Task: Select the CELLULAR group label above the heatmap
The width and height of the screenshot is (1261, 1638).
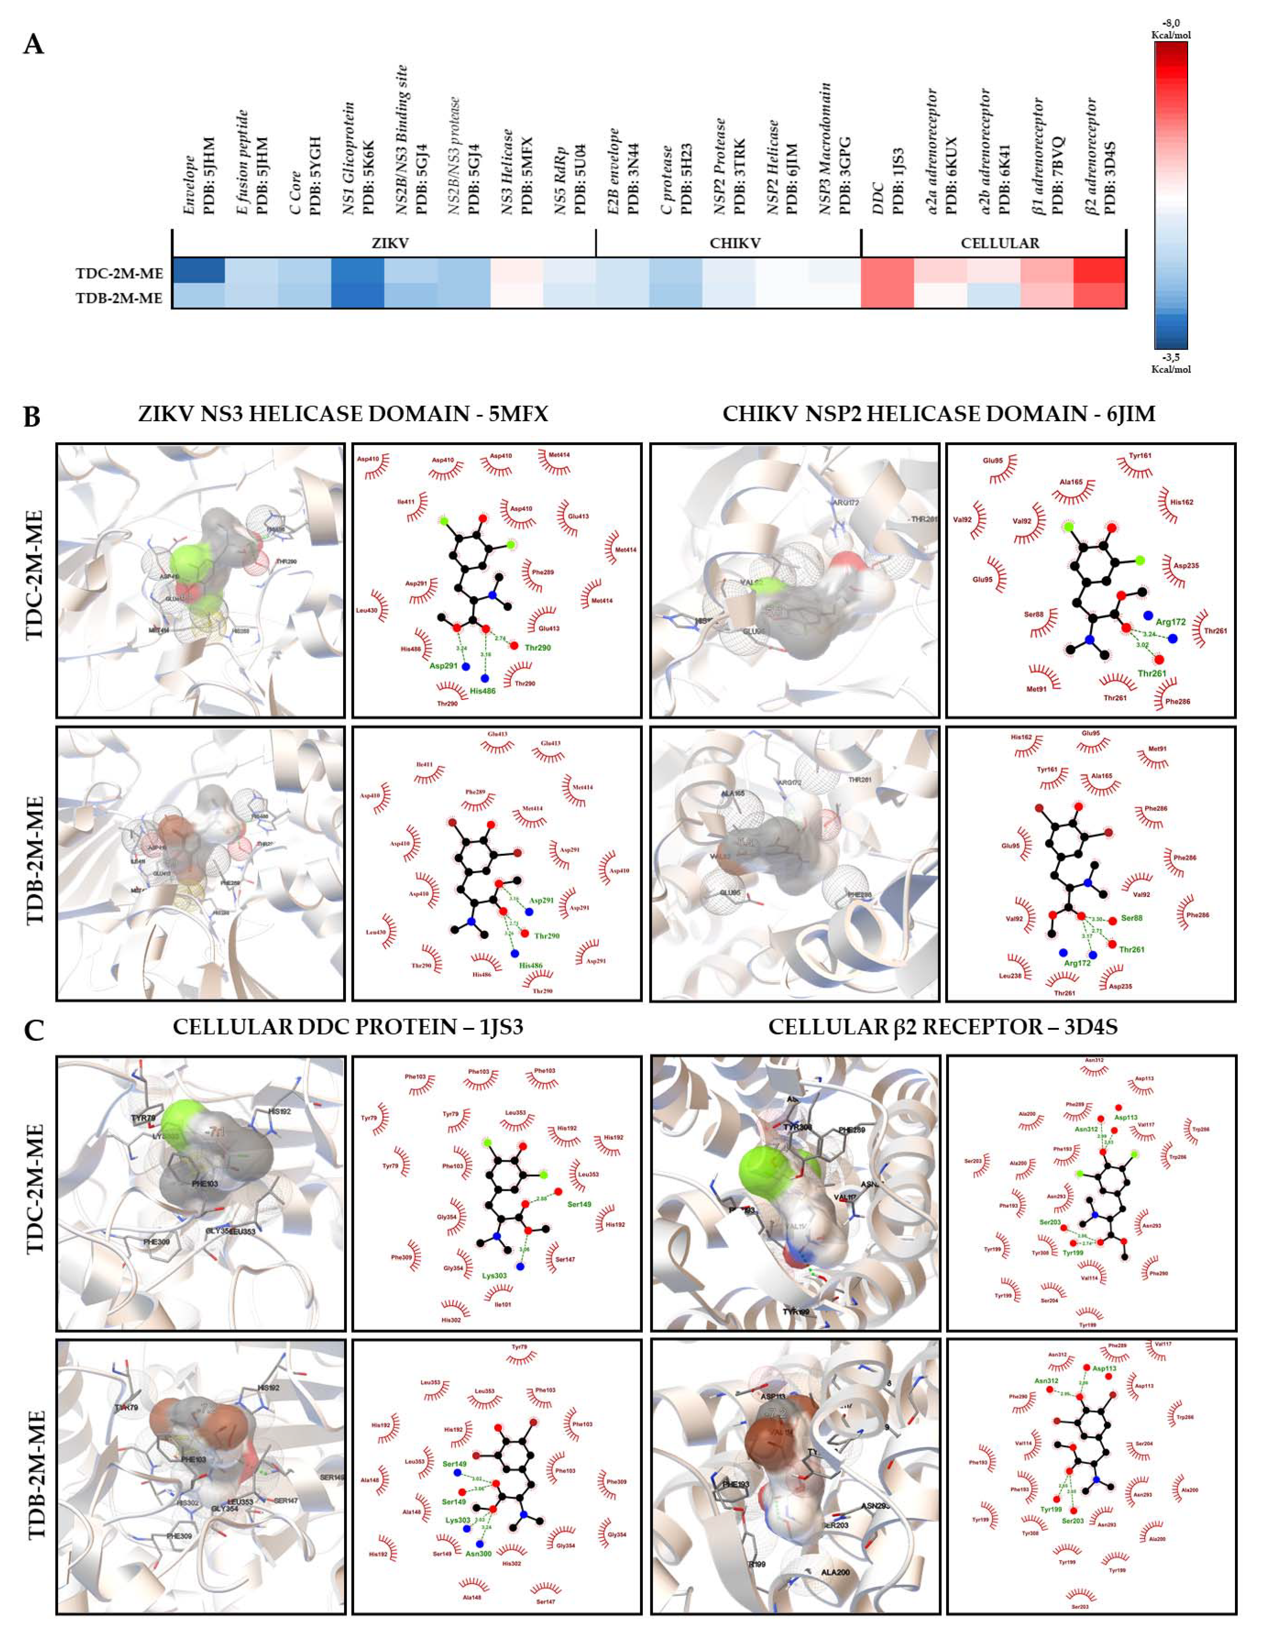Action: (1000, 244)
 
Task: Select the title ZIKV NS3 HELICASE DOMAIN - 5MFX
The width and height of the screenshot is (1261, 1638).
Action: (343, 414)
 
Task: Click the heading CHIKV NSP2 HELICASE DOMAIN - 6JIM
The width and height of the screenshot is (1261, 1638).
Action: (939, 414)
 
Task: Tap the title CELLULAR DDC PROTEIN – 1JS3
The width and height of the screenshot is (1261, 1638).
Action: (347, 1027)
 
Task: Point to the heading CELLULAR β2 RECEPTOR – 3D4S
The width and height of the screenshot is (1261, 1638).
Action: (942, 1027)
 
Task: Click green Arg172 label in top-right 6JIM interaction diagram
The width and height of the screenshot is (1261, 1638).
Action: (1170, 622)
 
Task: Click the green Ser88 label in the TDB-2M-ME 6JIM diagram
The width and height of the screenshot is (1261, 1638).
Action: (1131, 918)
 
